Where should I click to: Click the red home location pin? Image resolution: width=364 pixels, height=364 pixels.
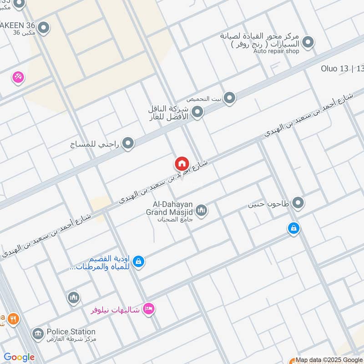[181, 164]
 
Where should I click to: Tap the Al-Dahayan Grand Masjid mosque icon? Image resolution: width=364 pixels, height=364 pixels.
[202, 210]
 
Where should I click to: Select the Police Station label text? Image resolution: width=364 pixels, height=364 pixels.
[71, 332]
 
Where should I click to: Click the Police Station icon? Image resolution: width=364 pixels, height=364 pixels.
[37, 334]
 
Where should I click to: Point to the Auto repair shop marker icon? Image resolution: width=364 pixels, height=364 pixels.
[308, 42]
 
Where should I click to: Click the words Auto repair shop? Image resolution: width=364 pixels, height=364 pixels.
[276, 51]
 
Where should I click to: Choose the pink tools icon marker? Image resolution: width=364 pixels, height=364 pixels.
[18, 77]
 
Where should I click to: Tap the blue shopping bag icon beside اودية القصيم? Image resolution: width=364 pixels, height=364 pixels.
[140, 262]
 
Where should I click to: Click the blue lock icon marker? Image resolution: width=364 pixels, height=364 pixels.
[294, 228]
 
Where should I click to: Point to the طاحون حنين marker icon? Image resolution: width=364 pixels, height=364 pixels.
[298, 203]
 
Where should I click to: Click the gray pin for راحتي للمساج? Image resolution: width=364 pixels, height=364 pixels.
[128, 143]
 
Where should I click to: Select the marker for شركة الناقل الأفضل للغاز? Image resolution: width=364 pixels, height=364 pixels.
[197, 111]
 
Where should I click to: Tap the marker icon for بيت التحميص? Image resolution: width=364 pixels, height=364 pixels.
[230, 97]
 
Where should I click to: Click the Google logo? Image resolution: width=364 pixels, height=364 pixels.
[19, 357]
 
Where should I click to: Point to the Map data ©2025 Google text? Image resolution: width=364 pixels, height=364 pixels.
[329, 359]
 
